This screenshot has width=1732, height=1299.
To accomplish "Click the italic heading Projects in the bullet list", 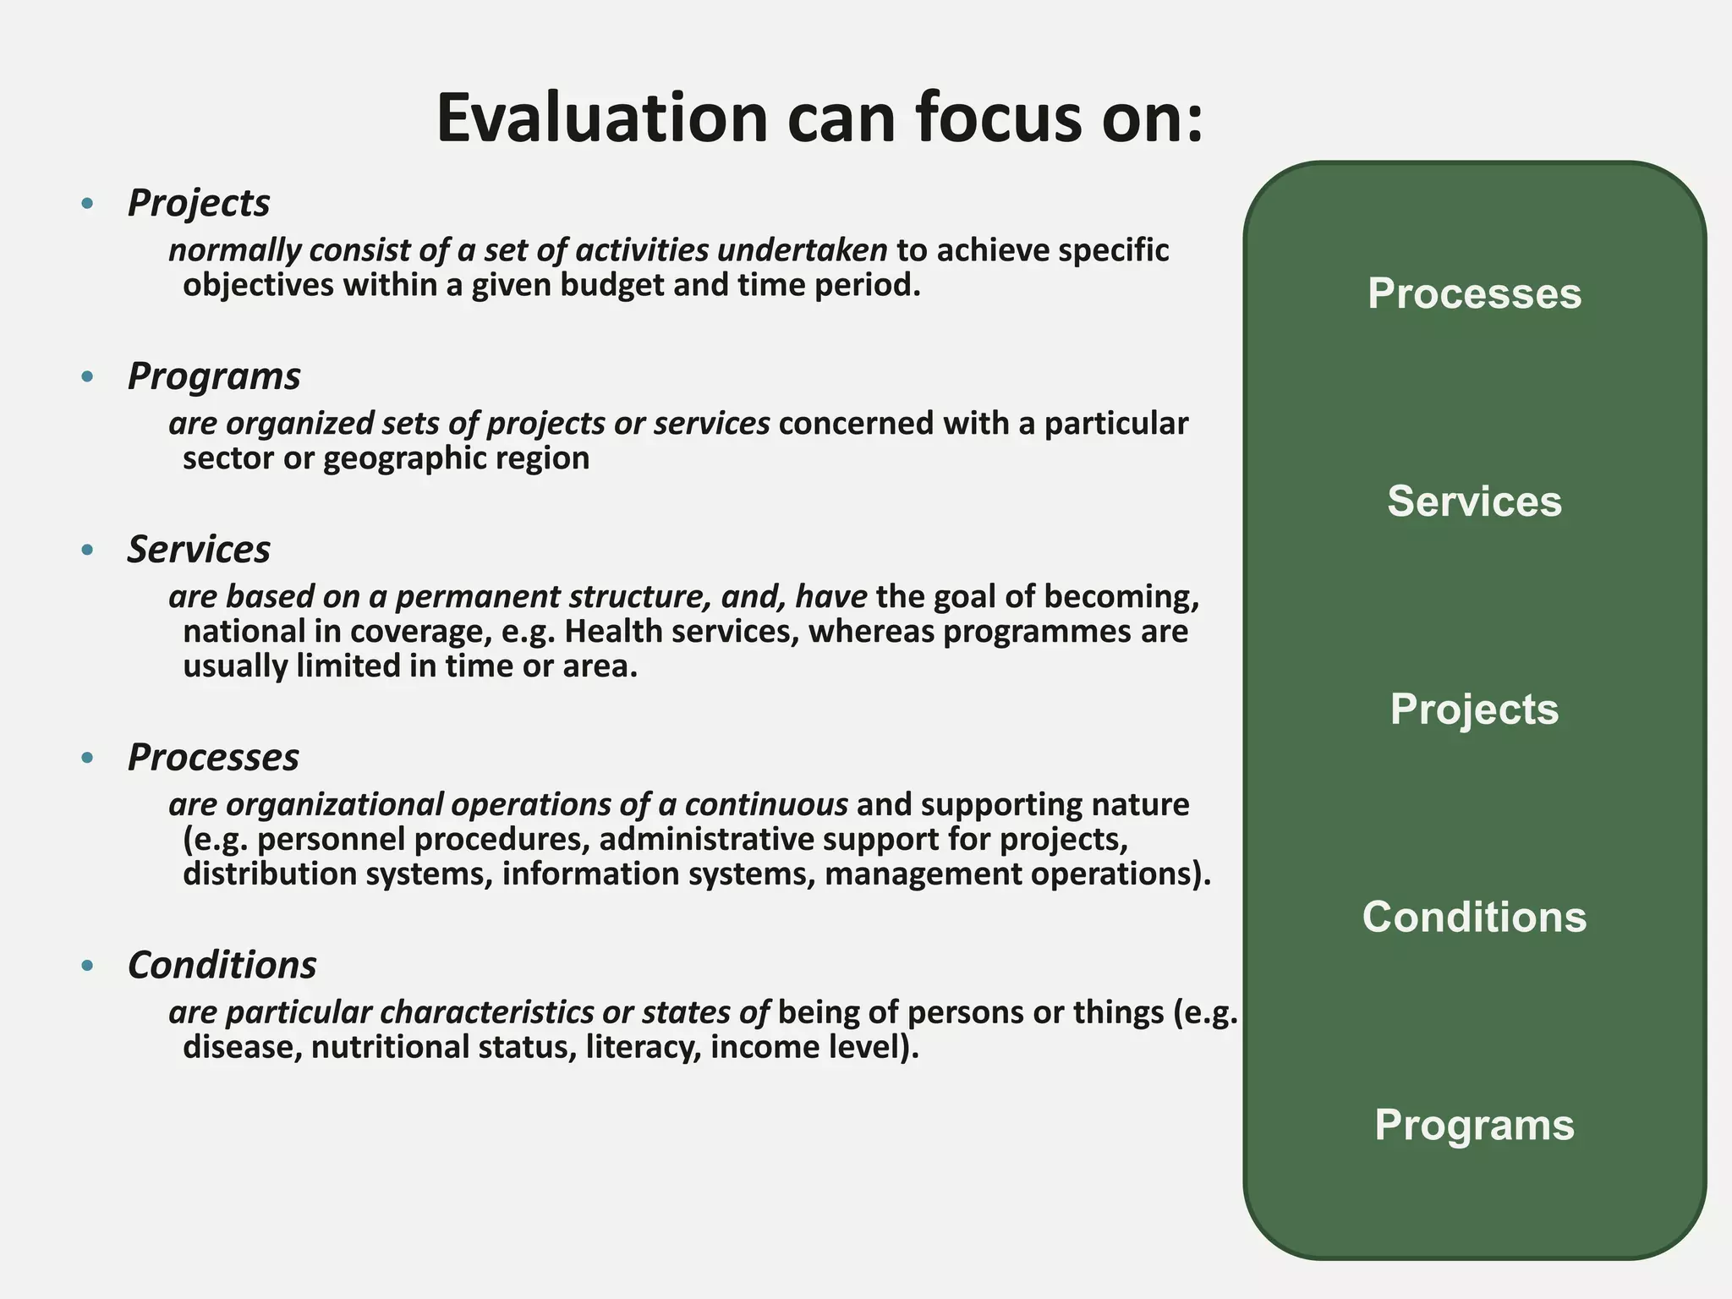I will coord(199,203).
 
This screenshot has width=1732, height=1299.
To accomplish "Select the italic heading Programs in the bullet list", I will coord(214,376).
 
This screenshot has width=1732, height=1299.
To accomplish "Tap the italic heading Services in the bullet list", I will coord(199,550).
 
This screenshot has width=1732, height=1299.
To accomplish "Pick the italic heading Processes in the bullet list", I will coord(213,757).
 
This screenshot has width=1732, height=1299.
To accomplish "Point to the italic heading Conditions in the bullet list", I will coord(222,965).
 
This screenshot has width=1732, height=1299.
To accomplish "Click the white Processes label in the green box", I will coord(1474,293).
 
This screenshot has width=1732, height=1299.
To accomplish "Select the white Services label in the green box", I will coord(1474,501).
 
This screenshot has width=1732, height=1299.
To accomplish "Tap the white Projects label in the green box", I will coord(1474,709).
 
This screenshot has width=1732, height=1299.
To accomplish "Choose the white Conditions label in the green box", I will coord(1474,917).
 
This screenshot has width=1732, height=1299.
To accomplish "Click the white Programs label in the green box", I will coord(1474,1125).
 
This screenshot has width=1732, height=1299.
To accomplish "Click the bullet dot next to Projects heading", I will coord(87,204).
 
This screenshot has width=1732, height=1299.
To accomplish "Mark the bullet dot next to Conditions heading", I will coord(87,966).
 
